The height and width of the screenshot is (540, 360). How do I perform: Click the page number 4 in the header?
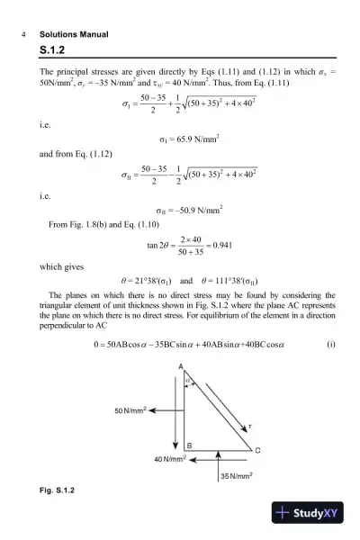[20, 34]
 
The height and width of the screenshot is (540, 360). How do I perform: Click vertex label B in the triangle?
[188, 445]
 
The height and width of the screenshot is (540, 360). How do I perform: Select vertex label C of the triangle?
[257, 450]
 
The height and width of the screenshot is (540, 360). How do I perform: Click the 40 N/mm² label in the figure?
[166, 459]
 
